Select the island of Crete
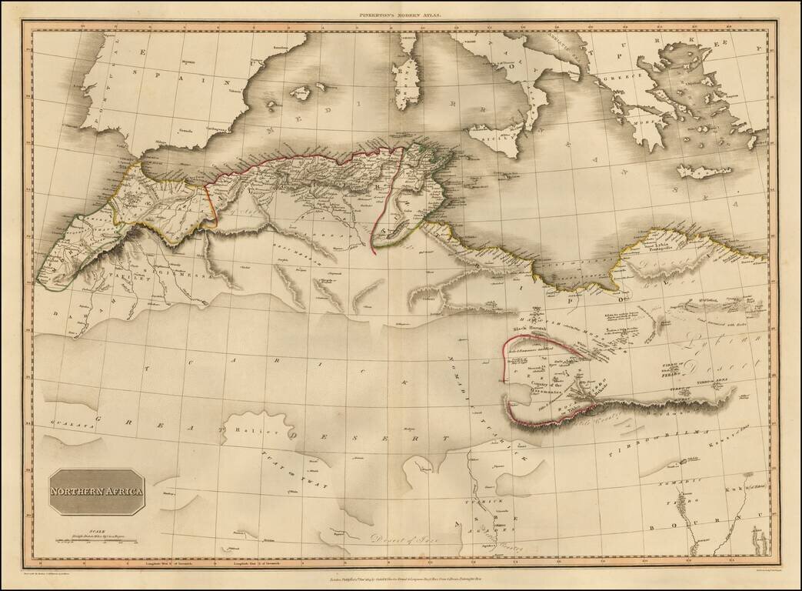(703, 171)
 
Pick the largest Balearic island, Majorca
(300, 92)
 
